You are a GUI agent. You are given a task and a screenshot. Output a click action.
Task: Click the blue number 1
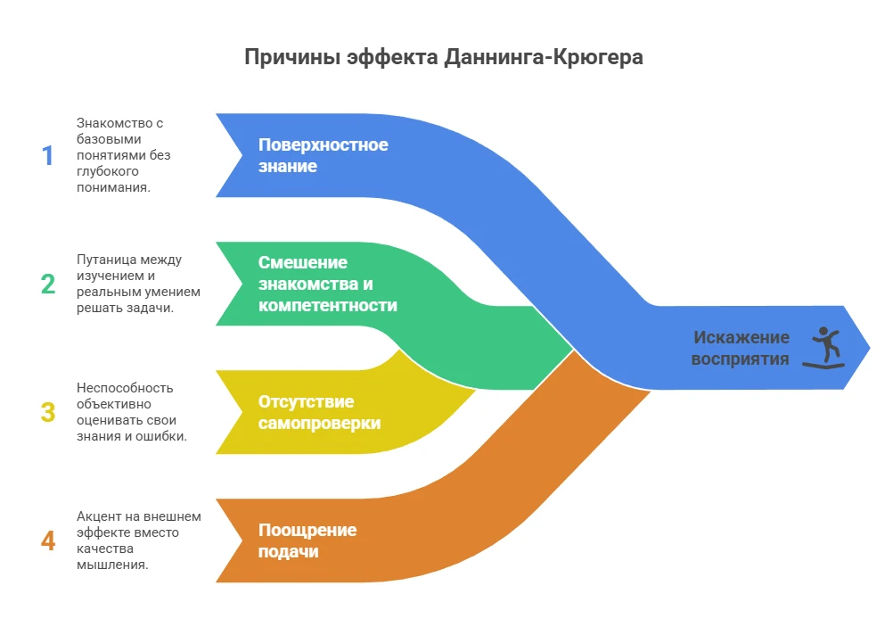point(47,156)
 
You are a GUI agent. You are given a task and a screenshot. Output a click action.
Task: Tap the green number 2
point(47,284)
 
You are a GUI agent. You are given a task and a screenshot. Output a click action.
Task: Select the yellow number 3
point(47,412)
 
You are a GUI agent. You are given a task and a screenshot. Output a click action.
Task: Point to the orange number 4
point(47,540)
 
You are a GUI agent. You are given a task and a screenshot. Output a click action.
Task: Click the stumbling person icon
point(824,348)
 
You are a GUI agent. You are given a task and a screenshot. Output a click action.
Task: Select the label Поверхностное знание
point(323,155)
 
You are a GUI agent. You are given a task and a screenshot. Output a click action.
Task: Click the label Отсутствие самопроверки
point(319,412)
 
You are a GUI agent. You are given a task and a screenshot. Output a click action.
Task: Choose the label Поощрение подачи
point(307,540)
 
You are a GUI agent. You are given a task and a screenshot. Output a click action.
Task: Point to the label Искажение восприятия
point(741,348)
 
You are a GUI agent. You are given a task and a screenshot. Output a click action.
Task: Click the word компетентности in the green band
point(328,305)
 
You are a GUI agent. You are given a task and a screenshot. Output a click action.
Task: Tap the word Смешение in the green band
point(303,262)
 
